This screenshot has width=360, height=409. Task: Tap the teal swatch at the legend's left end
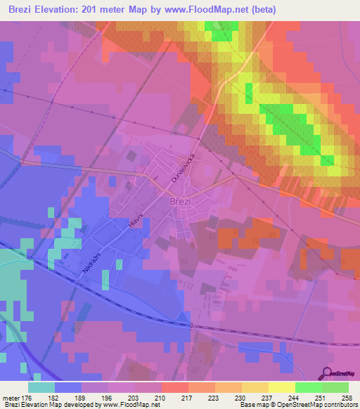point(41,387)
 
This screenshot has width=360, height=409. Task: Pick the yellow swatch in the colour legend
point(282,387)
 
